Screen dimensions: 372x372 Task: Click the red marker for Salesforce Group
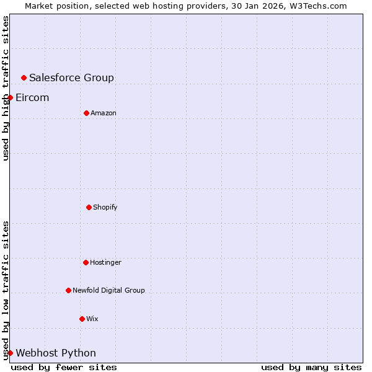24,77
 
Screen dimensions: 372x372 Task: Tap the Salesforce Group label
71,77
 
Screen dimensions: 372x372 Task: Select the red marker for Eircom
10,97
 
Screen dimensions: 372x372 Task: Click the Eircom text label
32,97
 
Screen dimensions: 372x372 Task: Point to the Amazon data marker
86,113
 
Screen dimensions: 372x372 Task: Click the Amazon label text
103,113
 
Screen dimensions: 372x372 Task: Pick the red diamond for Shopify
89,207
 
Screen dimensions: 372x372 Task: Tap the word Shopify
105,207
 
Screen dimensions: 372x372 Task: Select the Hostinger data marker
86,262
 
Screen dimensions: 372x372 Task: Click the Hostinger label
105,262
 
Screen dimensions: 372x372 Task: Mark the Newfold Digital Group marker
68,290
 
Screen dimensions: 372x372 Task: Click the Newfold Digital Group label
108,290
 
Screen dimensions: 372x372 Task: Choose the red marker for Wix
82,319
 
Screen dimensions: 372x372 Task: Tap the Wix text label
92,319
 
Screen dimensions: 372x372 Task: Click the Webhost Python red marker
10,353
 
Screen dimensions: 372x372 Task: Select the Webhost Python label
56,353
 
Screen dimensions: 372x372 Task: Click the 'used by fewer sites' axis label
64,367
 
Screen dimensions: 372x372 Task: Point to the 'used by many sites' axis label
311,367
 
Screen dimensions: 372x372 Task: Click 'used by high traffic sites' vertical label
6,88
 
